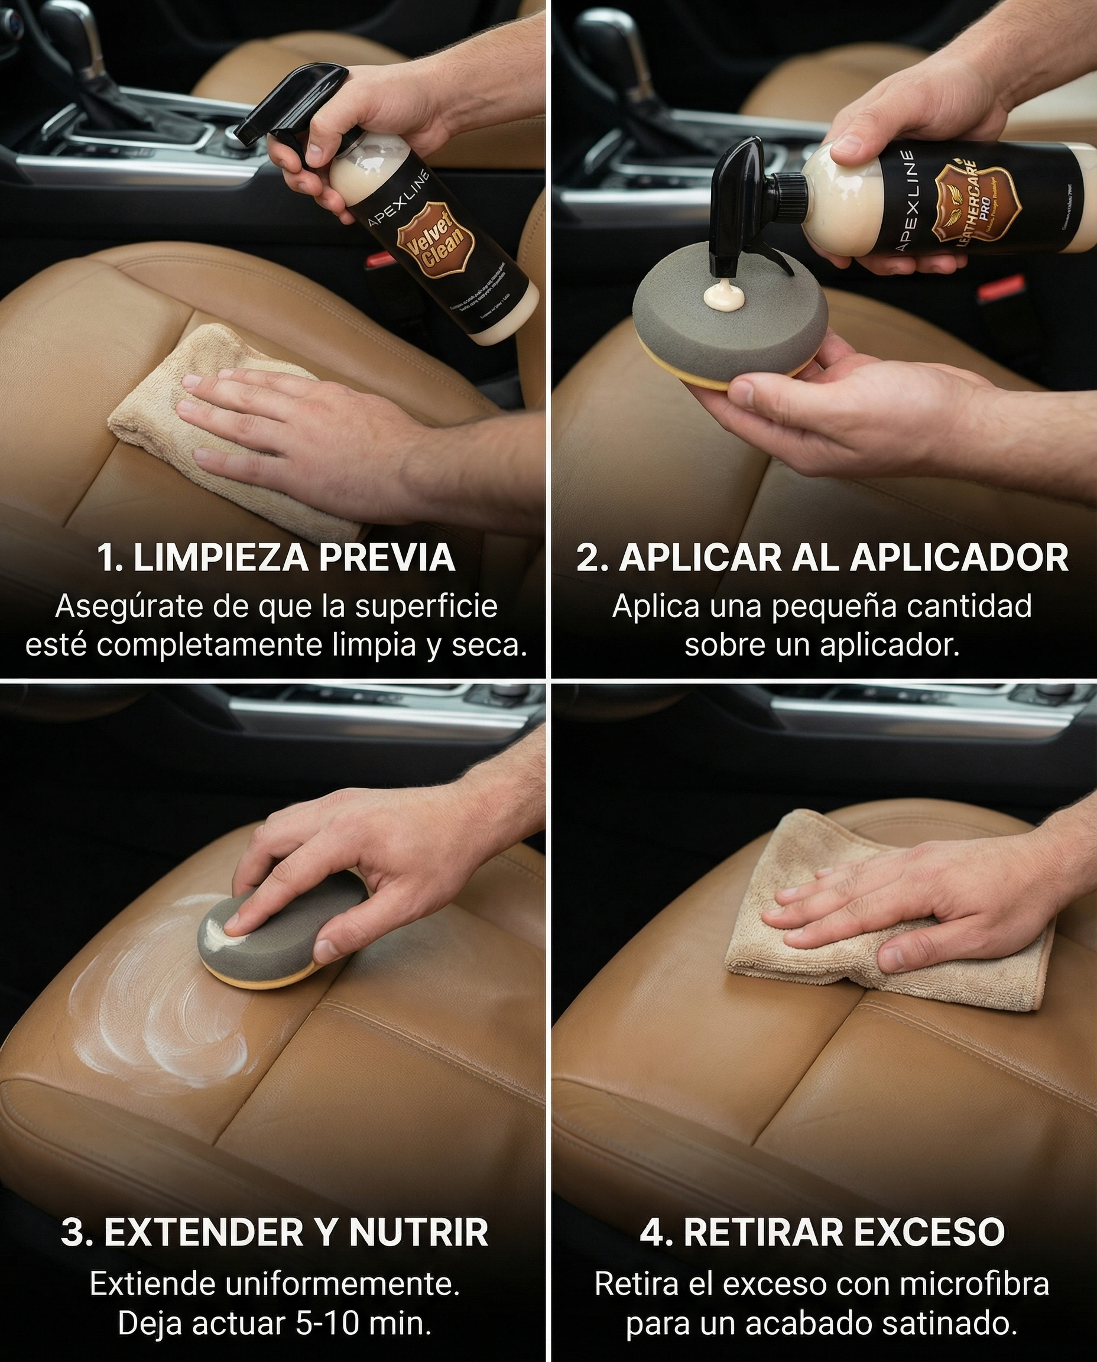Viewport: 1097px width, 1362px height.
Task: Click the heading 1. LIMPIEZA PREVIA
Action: coord(276,557)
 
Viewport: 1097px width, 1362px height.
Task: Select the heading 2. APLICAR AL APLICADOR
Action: coord(822,557)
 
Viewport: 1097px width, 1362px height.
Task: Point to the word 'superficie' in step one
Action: coord(426,607)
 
